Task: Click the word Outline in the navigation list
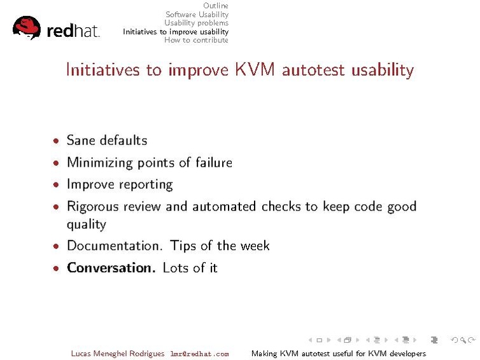click(x=215, y=6)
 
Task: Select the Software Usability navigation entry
click(x=197, y=15)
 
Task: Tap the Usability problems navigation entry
click(x=196, y=23)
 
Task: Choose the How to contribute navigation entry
click(x=196, y=40)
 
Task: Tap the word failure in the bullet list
click(x=212, y=163)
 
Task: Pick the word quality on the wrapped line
click(x=86, y=224)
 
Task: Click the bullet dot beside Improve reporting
click(x=57, y=185)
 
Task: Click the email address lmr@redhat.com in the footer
click(x=199, y=354)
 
